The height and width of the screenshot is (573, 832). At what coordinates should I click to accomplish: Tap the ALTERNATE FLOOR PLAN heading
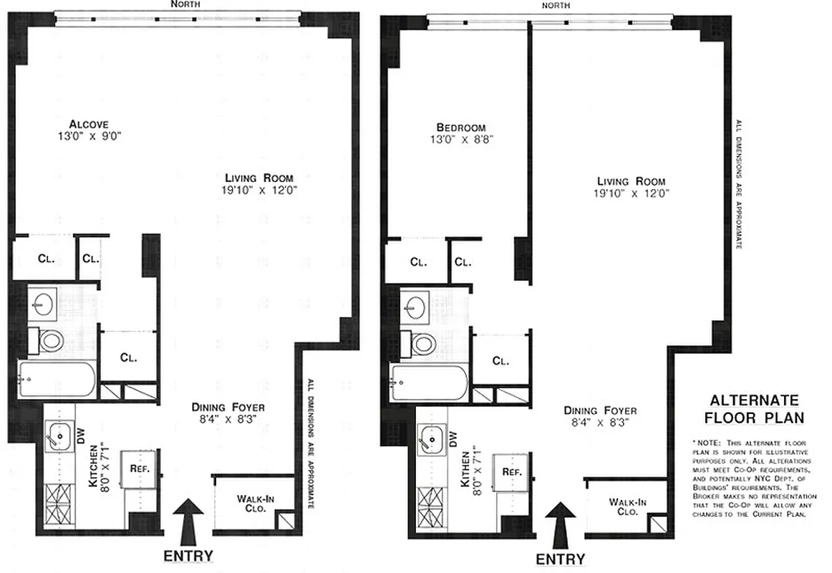point(754,409)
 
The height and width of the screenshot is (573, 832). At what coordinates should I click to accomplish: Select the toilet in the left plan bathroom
point(49,340)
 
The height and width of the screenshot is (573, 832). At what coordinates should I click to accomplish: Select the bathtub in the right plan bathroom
point(428,383)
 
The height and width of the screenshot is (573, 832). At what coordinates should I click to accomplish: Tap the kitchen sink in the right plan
point(430,439)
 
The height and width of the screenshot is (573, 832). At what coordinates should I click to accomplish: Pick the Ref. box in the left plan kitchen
point(138,468)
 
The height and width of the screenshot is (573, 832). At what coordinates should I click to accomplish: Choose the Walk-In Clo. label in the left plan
point(251,504)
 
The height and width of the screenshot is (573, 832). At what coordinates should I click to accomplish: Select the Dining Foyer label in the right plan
point(600,411)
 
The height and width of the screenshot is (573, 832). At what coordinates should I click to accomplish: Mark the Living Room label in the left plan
point(258,178)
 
